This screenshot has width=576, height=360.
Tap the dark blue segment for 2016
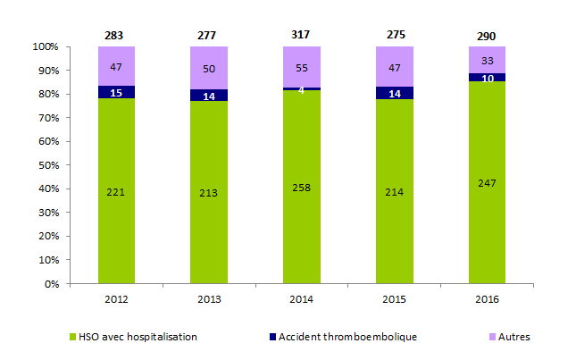coord(487,78)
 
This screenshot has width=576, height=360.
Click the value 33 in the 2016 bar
coord(487,62)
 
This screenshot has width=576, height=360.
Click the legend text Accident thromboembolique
coord(347,337)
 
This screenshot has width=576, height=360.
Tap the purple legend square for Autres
coord(499,337)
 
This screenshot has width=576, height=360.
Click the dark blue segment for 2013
coord(209,96)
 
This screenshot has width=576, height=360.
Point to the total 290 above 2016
coord(487,35)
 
